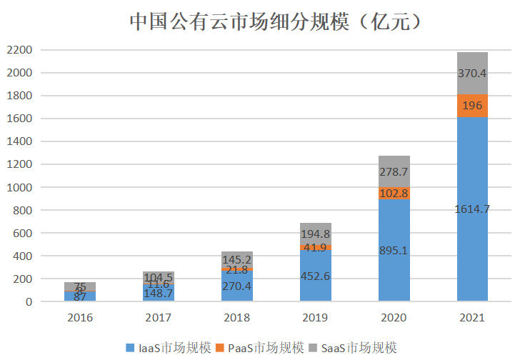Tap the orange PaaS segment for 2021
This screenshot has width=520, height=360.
pos(472,106)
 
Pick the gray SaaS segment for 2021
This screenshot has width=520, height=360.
pos(472,73)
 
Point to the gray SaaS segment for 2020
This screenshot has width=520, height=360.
pos(394,171)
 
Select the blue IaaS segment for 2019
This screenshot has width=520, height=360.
pos(315,275)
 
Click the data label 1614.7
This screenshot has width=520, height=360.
pos(472,209)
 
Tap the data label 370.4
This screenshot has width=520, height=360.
pos(472,73)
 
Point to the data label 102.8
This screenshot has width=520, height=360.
pos(394,193)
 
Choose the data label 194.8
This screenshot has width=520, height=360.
pos(315,234)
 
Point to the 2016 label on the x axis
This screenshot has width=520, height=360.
pos(79,318)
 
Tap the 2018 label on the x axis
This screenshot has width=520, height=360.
pos(236,318)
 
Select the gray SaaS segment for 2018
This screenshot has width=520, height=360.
pos(236,258)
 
